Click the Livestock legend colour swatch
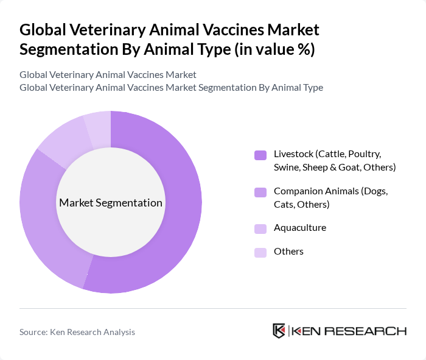pos(260,155)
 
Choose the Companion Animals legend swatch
pos(260,192)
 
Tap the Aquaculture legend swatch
pos(260,228)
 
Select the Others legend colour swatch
pos(260,252)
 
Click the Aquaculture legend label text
pos(300,228)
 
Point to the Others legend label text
pos(288,252)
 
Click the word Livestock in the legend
pos(293,154)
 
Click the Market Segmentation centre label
pos(111,203)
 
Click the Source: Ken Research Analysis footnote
pos(77,333)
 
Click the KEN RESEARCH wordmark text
pos(349,331)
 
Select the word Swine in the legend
pos(289,167)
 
